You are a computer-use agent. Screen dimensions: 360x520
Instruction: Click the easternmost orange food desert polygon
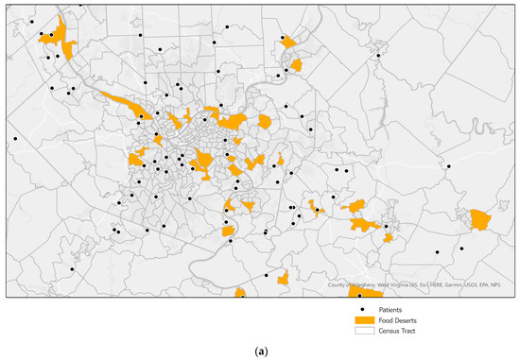481,221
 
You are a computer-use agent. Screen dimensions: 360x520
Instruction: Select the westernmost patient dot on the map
15,139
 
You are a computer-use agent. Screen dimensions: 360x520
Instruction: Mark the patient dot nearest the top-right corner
378,56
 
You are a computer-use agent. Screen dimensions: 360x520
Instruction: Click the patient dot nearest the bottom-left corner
72,269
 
